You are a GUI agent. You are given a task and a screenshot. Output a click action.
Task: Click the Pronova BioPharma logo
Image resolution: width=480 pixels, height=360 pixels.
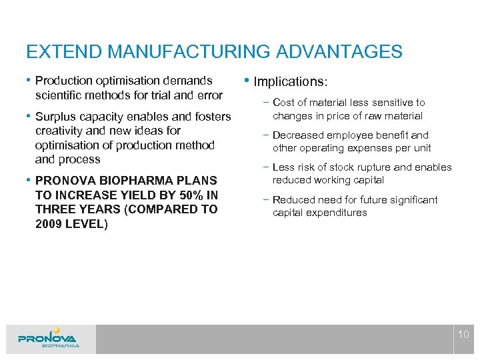point(49,338)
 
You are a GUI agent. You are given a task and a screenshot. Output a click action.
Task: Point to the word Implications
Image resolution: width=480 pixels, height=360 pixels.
point(290,82)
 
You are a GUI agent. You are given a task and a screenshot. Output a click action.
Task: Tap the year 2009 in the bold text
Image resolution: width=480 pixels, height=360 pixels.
point(49,224)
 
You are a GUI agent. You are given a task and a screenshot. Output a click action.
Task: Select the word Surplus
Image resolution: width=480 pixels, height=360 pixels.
point(58,117)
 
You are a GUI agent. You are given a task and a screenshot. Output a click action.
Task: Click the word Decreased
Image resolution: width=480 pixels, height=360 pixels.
point(298,135)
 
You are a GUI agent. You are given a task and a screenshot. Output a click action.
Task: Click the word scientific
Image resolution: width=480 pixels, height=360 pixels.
point(58,95)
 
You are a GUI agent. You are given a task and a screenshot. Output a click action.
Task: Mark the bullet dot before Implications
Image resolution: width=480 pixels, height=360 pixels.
point(248,81)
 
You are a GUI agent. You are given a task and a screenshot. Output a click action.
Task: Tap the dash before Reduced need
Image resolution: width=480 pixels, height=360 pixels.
point(266,200)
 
